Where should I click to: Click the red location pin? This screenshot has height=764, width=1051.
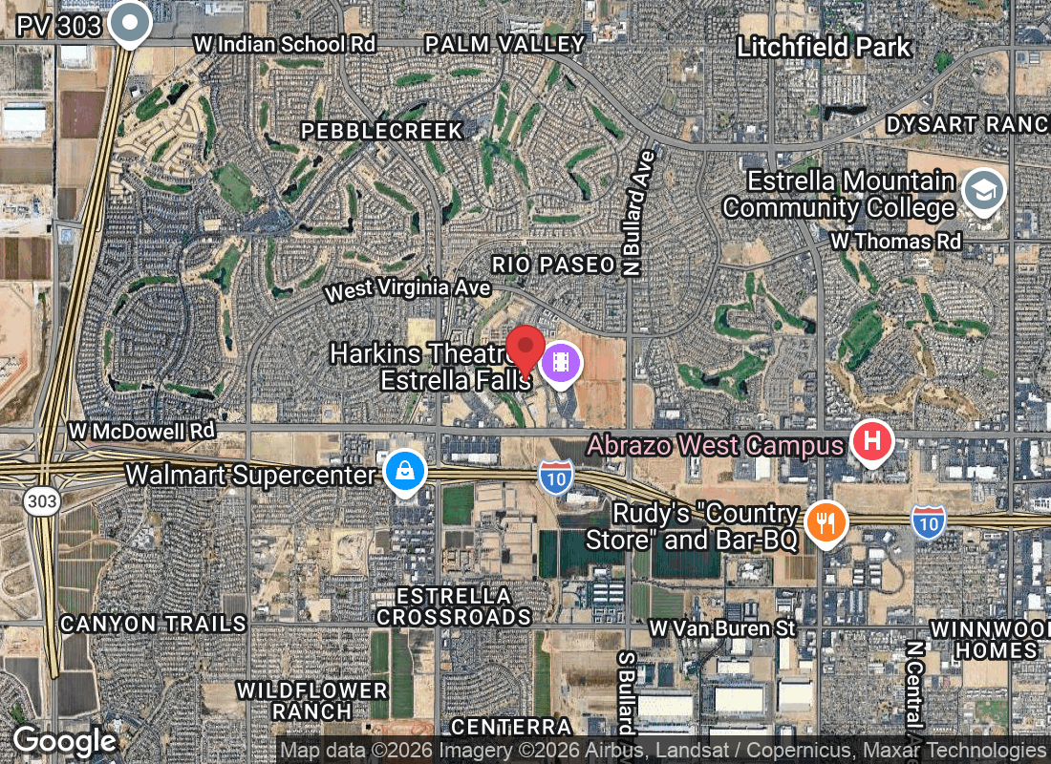tap(525, 349)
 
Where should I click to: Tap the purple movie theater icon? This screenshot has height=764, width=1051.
tap(562, 363)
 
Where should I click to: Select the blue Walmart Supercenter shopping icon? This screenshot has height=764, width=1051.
tap(405, 471)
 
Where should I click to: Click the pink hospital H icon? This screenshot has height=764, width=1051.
tap(871, 442)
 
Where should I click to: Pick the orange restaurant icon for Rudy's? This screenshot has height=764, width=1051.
tap(826, 522)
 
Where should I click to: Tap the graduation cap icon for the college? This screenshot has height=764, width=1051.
tap(981, 190)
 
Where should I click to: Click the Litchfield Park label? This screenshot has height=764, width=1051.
tap(825, 47)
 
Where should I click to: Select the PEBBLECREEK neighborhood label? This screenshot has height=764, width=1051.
tap(382, 131)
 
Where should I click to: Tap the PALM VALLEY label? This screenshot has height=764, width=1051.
tap(504, 44)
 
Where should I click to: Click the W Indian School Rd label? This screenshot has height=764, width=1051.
tap(284, 44)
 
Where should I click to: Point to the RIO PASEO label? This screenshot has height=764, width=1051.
tap(553, 265)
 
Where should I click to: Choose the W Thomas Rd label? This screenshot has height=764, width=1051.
tap(895, 241)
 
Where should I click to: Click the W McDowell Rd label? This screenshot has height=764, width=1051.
tap(141, 432)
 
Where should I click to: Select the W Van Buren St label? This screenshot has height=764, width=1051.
tap(721, 627)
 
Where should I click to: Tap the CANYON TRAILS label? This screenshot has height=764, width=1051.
tap(153, 624)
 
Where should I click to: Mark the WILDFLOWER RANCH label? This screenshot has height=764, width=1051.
tap(312, 701)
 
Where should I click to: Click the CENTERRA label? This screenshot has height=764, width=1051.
tap(511, 727)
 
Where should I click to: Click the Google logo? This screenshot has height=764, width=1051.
tap(64, 741)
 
